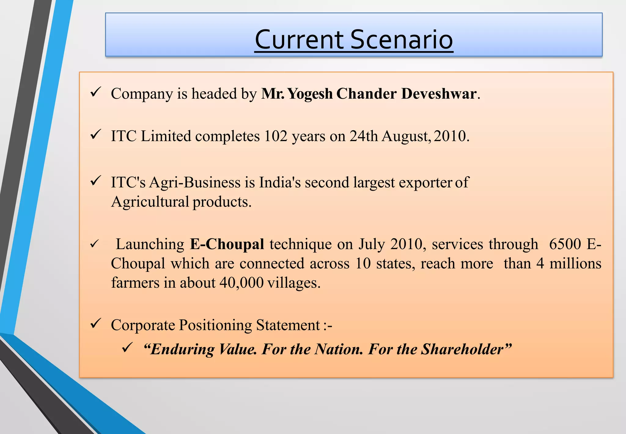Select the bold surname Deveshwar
tap(439, 94)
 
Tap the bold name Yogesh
tap(310, 94)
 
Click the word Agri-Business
tap(195, 183)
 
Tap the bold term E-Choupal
tap(227, 244)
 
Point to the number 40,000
tap(241, 283)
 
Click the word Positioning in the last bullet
tap(215, 325)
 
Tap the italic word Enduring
tap(182, 349)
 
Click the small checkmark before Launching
tap(94, 244)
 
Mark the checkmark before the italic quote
tap(127, 347)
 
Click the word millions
tap(575, 264)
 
